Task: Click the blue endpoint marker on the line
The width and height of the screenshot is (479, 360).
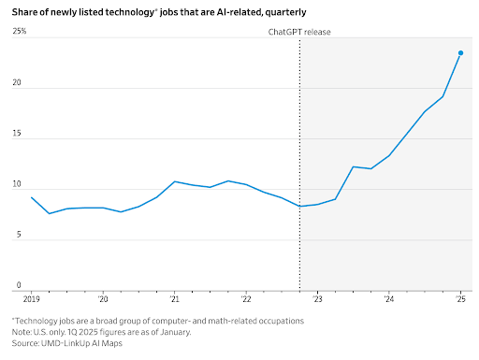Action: click(x=460, y=53)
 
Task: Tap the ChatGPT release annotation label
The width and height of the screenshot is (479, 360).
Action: click(x=294, y=32)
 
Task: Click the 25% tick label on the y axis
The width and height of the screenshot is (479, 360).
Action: click(x=20, y=32)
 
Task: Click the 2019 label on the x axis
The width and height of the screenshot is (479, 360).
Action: click(x=33, y=301)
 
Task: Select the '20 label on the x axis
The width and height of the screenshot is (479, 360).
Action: click(x=103, y=301)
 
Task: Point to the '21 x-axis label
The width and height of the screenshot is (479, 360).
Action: click(x=175, y=301)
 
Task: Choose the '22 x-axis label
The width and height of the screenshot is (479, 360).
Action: click(x=246, y=301)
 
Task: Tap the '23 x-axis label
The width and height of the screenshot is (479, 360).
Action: click(x=317, y=301)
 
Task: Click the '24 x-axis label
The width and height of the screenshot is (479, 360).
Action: click(x=389, y=301)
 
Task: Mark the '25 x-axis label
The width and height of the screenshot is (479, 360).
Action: click(x=460, y=301)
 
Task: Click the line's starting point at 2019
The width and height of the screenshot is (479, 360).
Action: click(x=32, y=197)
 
